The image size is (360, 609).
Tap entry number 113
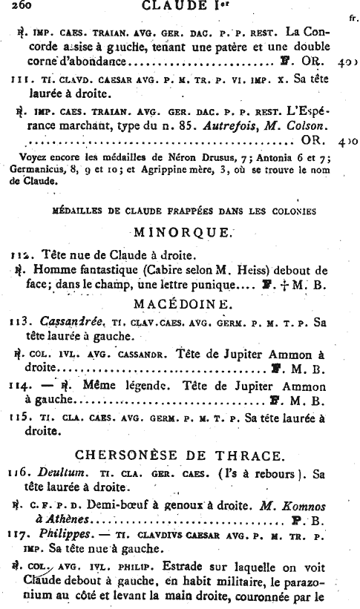coord(21,322)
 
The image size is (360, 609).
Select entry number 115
coord(21,417)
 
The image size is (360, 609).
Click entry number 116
coord(21,473)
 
